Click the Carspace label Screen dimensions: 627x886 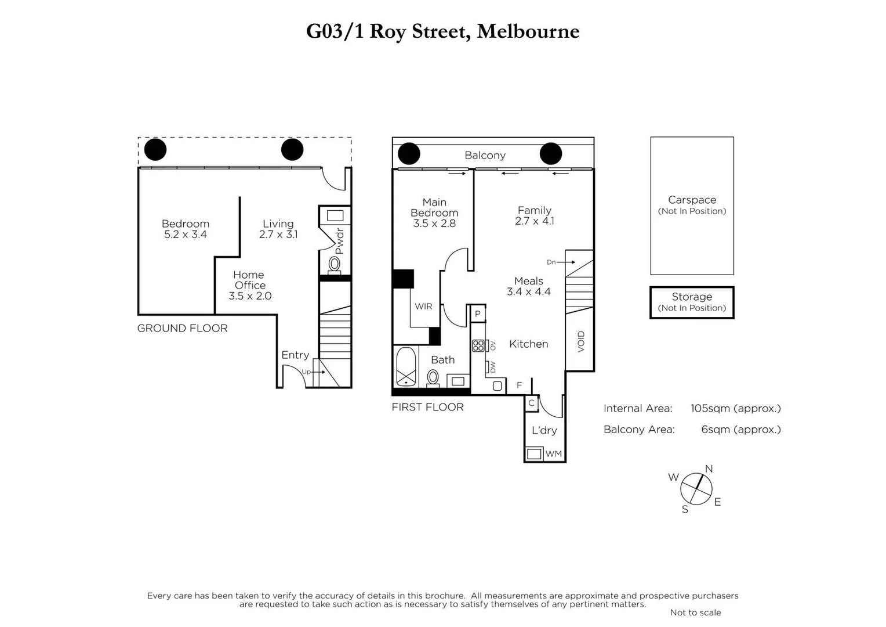tap(692, 200)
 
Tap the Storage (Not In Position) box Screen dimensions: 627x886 tap(692, 302)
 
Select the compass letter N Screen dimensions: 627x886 tap(709, 469)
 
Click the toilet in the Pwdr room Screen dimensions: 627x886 tap(335, 265)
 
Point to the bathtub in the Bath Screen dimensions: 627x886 tap(406, 366)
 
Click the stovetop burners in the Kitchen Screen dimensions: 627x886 tap(478, 346)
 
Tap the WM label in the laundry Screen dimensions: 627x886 tap(554, 453)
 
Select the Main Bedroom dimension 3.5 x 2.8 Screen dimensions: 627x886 tap(434, 224)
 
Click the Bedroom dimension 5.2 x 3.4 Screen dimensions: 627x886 tap(186, 235)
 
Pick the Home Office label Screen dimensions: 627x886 tap(249, 280)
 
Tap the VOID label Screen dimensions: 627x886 tap(581, 341)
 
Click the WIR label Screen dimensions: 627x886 tap(423, 307)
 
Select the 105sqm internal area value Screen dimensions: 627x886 tap(735, 408)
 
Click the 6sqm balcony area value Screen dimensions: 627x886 tap(740, 430)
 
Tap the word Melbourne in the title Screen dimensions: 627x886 tap(528, 31)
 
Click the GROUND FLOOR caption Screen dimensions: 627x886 tap(183, 328)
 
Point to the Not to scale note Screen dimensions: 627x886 tap(695, 612)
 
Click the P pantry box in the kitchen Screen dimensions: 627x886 tap(478, 314)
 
